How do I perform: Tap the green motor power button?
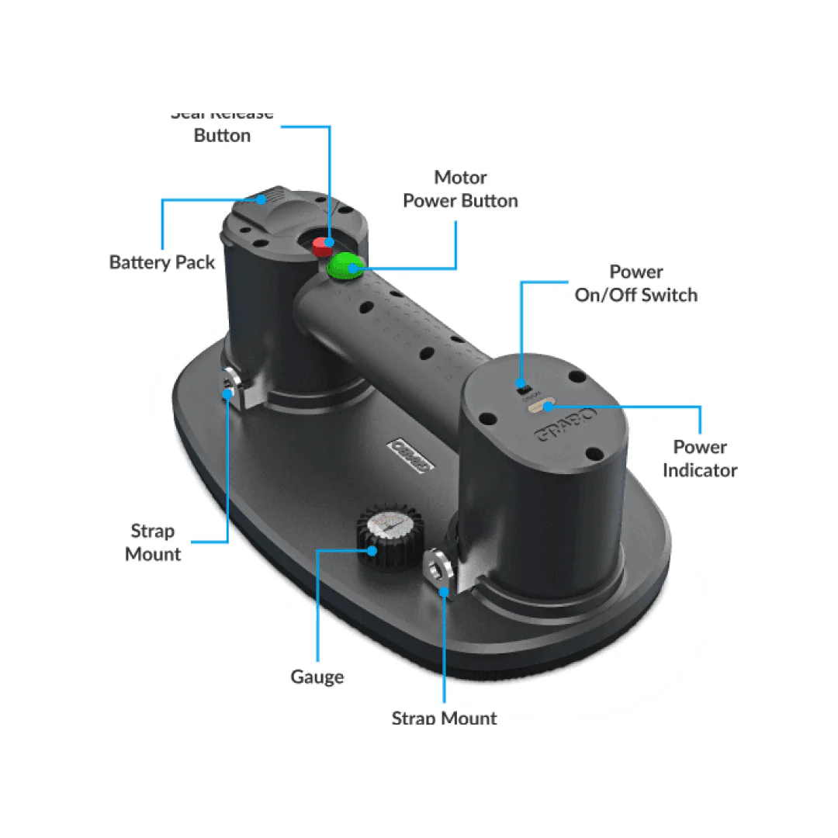click(345, 267)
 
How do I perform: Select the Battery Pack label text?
click(162, 262)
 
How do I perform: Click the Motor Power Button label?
click(460, 189)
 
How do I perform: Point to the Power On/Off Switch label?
click(635, 283)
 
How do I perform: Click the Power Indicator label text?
click(699, 459)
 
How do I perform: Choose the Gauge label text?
click(317, 677)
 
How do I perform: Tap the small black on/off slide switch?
click(523, 386)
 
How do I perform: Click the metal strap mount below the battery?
click(231, 383)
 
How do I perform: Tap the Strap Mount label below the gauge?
click(444, 717)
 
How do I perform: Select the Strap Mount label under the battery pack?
click(153, 542)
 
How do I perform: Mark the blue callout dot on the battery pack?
click(262, 199)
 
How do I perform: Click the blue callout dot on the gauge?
click(373, 551)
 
